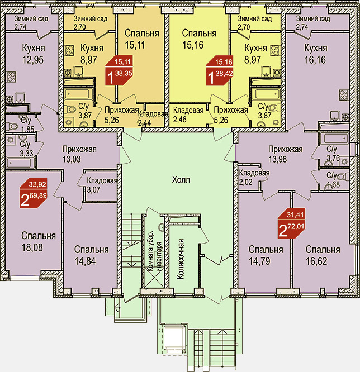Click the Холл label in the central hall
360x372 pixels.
(181, 180)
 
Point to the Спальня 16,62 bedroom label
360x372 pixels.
(323, 254)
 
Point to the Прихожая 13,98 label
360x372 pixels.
(285, 154)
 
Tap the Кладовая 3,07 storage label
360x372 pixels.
(101, 185)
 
